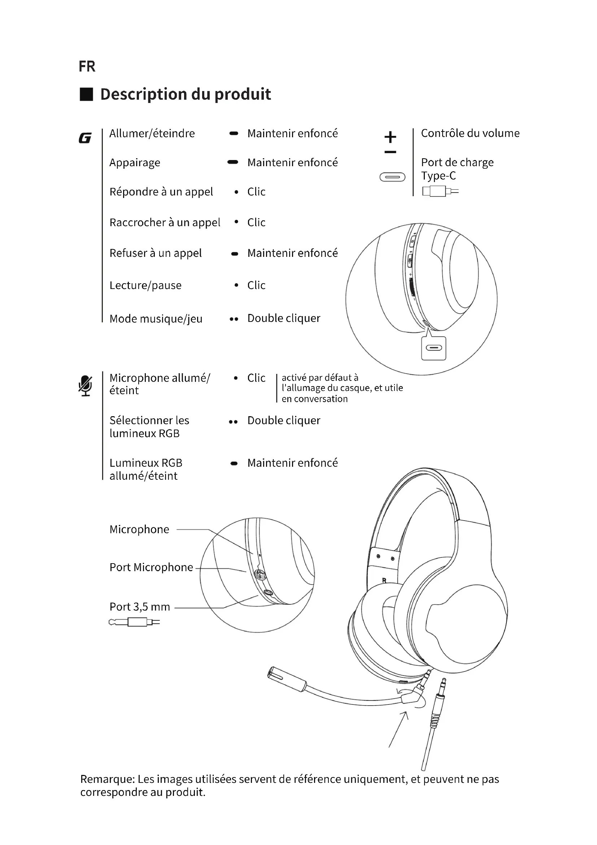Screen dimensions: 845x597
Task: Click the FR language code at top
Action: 87,66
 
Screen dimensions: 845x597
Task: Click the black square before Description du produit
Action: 86,94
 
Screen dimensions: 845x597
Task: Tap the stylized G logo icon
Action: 85,138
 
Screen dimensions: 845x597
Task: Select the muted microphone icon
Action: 85,385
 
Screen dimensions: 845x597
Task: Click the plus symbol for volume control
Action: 390,137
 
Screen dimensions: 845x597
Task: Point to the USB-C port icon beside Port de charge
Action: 392,177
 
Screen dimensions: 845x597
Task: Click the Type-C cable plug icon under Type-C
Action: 440,191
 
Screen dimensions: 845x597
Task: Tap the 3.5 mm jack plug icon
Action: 134,622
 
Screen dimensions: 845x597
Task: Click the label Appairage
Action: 135,163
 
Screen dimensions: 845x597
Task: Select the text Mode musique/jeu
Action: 156,319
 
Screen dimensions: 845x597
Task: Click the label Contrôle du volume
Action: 470,133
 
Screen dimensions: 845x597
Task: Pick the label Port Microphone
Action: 151,567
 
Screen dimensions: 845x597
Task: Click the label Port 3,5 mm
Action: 140,607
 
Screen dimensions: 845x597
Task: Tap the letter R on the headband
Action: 384,581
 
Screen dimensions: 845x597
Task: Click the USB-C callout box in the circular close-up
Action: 434,348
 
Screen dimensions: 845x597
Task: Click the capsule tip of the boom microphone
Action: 276,674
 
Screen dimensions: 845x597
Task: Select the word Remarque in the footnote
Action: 107,779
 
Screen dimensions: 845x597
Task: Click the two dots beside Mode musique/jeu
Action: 234,319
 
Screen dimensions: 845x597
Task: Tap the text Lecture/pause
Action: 145,286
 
